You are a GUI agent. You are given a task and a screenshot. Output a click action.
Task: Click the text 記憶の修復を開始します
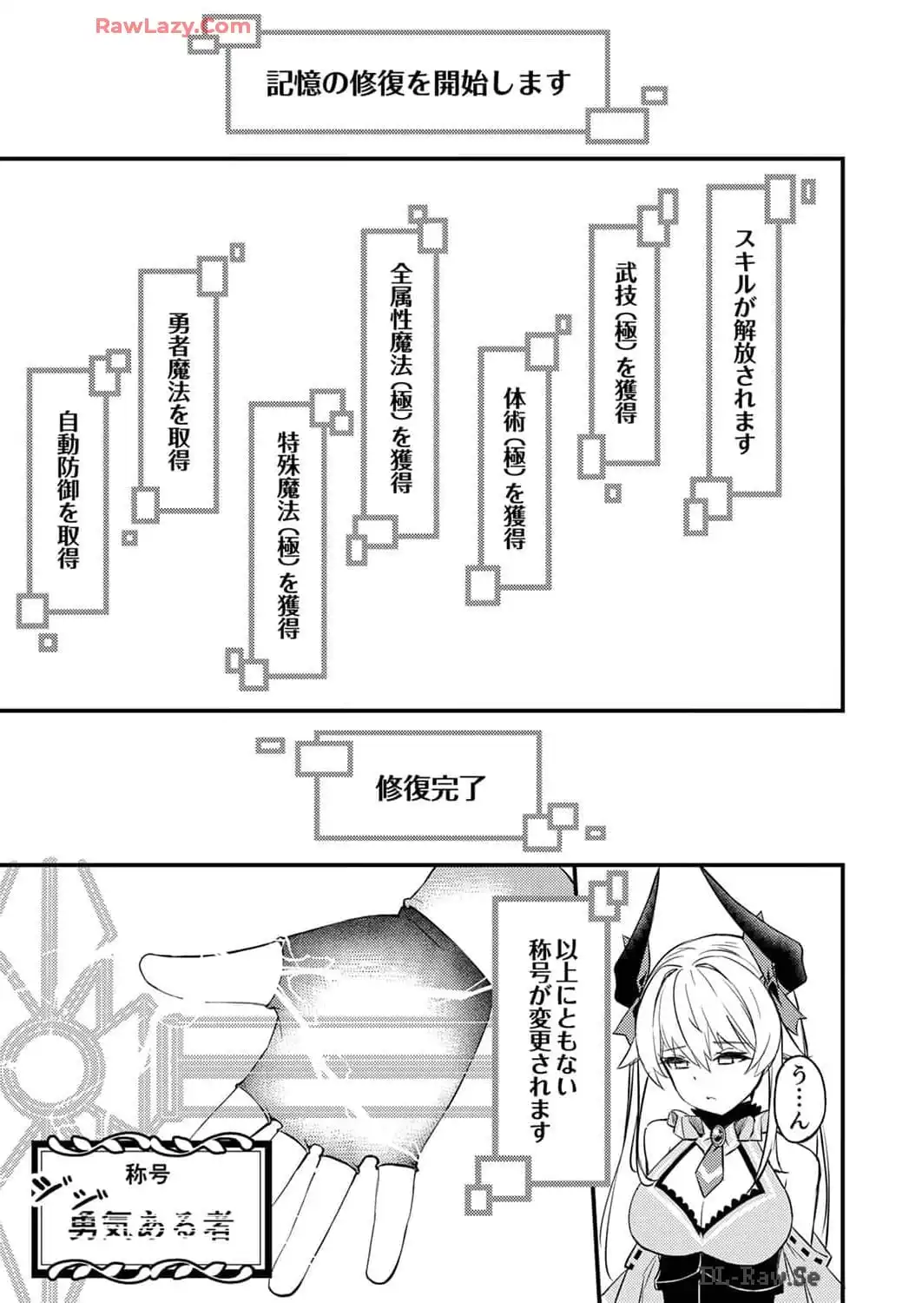[418, 83]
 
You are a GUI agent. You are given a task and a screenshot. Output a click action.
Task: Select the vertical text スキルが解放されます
[744, 341]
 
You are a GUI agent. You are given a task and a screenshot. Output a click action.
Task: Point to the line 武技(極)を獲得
[626, 342]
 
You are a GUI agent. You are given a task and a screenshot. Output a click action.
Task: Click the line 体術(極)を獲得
[515, 468]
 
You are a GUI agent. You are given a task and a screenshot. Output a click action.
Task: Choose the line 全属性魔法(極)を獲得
[401, 378]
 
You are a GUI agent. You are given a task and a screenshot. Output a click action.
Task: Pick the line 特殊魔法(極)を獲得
[288, 535]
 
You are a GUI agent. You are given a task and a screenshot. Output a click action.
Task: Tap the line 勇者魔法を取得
[179, 392]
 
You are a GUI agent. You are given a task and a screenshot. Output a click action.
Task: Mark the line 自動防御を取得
[68, 491]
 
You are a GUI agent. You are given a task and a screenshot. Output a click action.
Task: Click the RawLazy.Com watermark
[173, 26]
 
